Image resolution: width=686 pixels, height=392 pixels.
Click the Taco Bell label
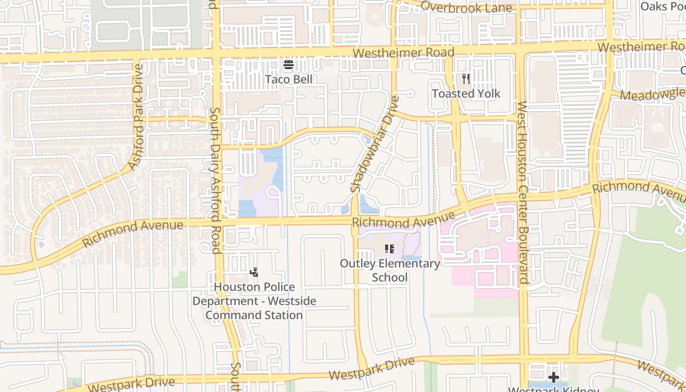(289, 79)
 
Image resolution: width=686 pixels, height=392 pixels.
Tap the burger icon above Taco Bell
(289, 65)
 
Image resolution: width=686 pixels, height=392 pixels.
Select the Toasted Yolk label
(466, 93)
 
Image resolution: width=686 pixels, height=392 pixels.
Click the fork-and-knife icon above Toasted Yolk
(466, 78)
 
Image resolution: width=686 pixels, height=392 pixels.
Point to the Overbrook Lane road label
(466, 7)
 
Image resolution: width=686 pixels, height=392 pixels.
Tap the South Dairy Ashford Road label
(215, 181)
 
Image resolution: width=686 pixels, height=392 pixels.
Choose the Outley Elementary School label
(390, 270)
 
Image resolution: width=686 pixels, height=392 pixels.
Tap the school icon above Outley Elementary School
(390, 249)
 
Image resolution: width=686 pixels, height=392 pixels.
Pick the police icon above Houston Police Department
(254, 272)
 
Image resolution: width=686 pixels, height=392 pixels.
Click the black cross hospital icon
(554, 377)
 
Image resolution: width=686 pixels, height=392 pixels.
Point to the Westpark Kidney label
(553, 390)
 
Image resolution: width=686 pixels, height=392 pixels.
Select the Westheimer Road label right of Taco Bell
(403, 52)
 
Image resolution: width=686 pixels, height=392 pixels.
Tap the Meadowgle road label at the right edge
(652, 95)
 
